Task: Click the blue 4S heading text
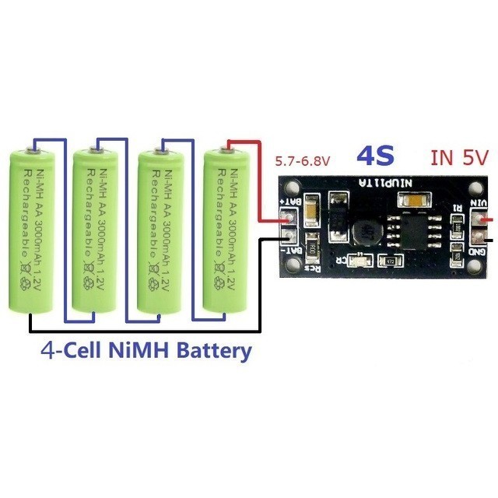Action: (377, 156)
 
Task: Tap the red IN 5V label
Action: (459, 158)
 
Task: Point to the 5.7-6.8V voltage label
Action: (303, 162)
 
